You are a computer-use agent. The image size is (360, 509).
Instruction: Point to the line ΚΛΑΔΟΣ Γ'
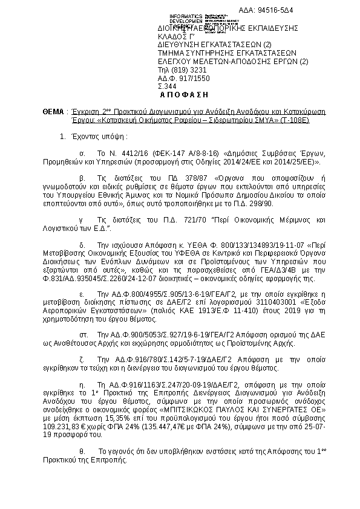[x=175, y=36]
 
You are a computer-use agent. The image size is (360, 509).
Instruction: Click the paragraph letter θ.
[x=83, y=452]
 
